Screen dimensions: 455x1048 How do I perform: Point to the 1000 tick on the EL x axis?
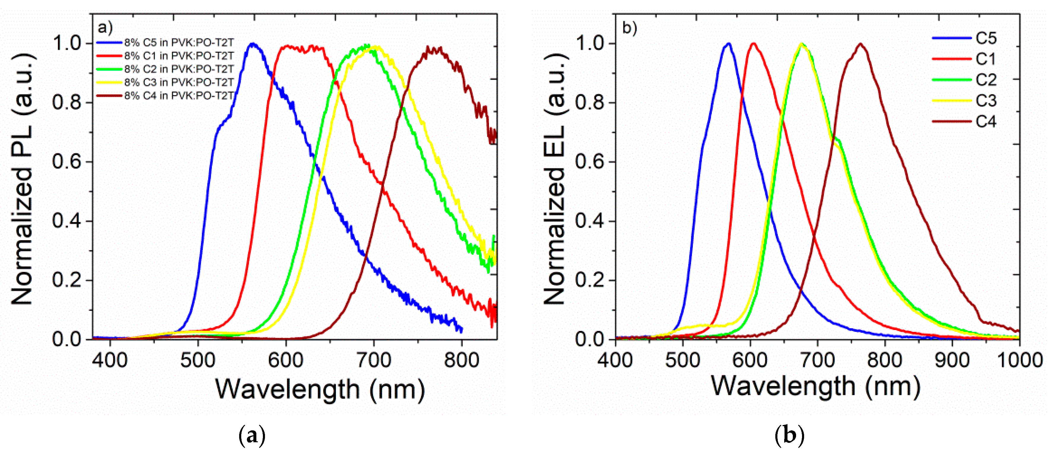pyautogui.click(x=1020, y=361)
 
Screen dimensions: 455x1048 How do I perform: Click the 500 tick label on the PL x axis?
pyautogui.click(x=198, y=361)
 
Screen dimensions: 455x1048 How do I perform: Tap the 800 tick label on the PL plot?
pyautogui.click(x=461, y=361)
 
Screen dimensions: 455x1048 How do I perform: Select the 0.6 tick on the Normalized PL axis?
pyautogui.click(x=67, y=161)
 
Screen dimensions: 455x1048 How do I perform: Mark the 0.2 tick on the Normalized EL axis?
pyautogui.click(x=590, y=280)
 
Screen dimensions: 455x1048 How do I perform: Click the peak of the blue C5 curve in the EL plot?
pyautogui.click(x=728, y=44)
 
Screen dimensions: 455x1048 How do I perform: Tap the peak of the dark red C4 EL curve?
pyautogui.click(x=860, y=44)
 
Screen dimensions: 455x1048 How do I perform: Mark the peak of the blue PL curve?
pyautogui.click(x=253, y=44)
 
